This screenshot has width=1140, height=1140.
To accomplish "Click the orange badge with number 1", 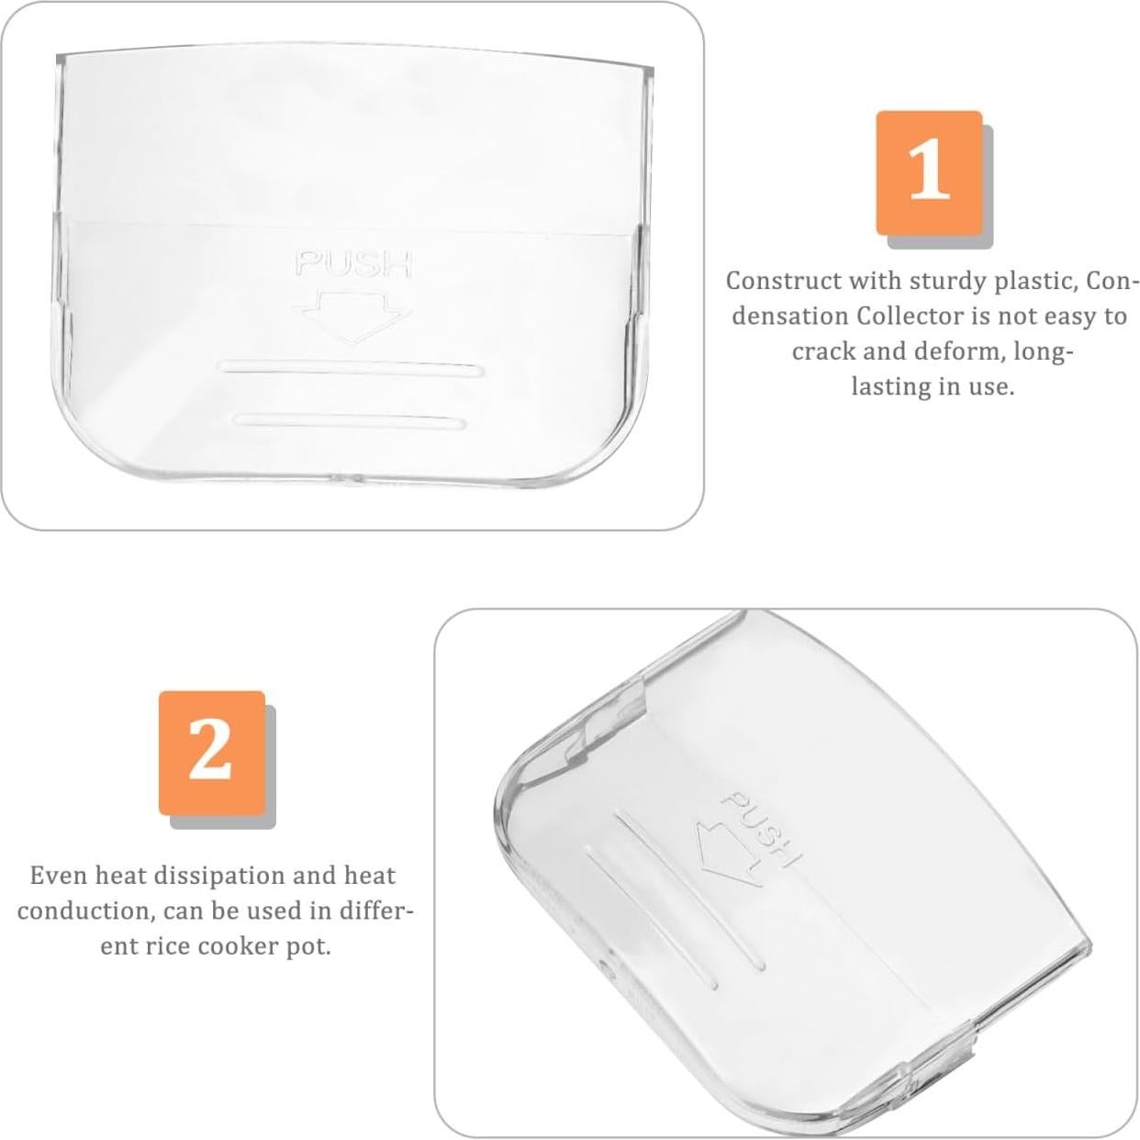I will [x=929, y=173].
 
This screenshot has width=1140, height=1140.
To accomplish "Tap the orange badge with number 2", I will [x=212, y=753].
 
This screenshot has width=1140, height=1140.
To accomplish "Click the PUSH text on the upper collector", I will [x=353, y=264].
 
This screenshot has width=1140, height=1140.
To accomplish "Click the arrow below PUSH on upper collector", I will [x=352, y=315].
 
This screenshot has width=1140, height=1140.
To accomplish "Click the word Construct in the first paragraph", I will [x=783, y=281].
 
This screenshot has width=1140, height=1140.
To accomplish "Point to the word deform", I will [x=958, y=352].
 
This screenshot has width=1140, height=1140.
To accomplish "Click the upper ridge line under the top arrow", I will [x=352, y=369].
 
